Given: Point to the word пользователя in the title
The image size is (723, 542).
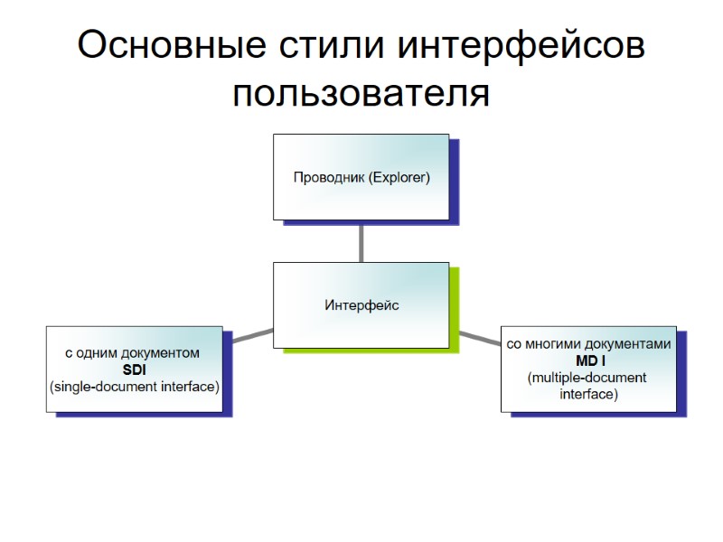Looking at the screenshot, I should click(x=361, y=93).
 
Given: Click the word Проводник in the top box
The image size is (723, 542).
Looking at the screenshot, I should click(x=328, y=177).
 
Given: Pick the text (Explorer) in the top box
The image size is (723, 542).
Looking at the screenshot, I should click(x=399, y=177).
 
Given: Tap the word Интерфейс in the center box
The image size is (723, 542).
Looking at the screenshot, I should click(x=361, y=305).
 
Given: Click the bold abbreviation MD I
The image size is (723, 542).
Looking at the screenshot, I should click(x=588, y=360).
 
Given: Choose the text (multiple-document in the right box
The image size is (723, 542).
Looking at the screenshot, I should click(x=587, y=378).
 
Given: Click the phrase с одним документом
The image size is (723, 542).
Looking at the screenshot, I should click(x=132, y=352).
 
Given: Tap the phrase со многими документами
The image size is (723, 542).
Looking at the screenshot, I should click(x=588, y=344).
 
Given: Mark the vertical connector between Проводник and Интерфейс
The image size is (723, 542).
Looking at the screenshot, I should click(x=361, y=241).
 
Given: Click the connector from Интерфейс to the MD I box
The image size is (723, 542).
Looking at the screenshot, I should click(x=476, y=338).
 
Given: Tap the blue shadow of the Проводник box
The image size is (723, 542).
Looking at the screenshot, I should click(x=455, y=181).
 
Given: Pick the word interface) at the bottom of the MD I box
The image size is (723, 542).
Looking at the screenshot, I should click(x=588, y=395).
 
